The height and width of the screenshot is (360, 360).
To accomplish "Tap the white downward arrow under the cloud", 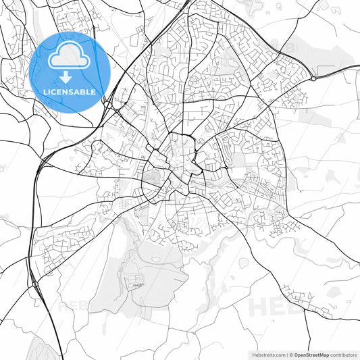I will [66, 77].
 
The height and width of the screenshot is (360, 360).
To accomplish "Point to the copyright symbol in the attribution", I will [291, 354].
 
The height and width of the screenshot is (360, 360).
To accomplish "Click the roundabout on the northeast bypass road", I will [313, 78].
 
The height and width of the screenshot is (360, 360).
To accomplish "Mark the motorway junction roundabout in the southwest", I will [34, 284].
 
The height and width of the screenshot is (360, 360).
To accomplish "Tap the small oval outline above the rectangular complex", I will [156, 258].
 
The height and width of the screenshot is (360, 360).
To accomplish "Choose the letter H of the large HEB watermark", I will [259, 305].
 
